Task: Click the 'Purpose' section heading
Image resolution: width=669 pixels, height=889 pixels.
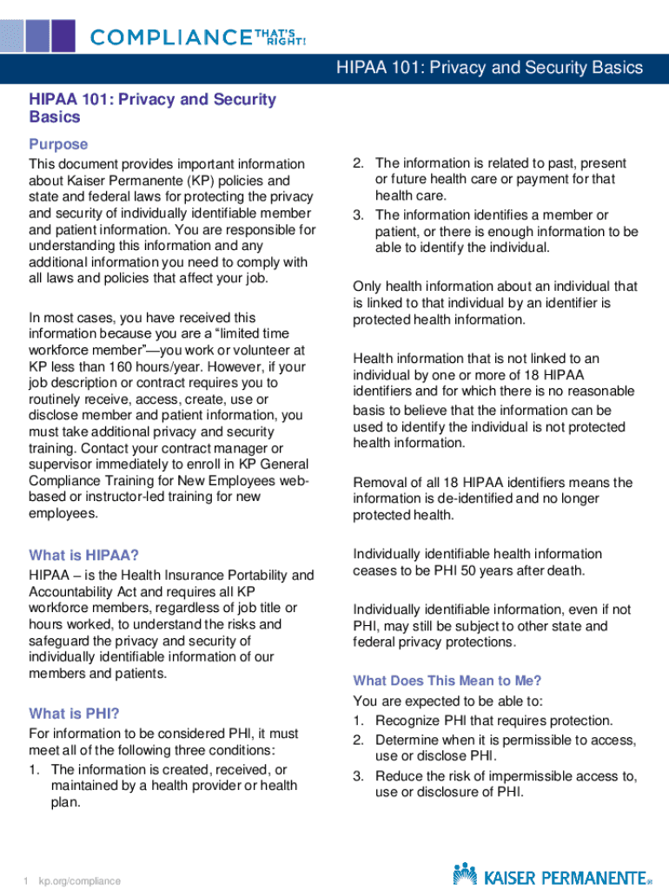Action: (x=58, y=144)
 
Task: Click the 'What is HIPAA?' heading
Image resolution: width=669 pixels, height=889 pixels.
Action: (x=83, y=555)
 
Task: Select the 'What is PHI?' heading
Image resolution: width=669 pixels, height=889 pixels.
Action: (x=74, y=714)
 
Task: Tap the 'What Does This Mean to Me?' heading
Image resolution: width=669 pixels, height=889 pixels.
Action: (x=447, y=681)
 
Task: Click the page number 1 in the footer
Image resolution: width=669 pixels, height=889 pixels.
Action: (x=26, y=881)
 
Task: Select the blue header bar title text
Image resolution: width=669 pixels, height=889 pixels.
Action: (x=490, y=68)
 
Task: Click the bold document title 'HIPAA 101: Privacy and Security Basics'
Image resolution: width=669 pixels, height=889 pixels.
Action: (x=152, y=108)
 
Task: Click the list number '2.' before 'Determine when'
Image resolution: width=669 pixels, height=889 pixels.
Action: (x=359, y=740)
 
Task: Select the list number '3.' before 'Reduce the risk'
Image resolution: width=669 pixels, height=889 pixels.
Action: (x=359, y=775)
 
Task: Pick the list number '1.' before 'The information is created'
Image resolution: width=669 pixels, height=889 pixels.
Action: (x=35, y=769)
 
